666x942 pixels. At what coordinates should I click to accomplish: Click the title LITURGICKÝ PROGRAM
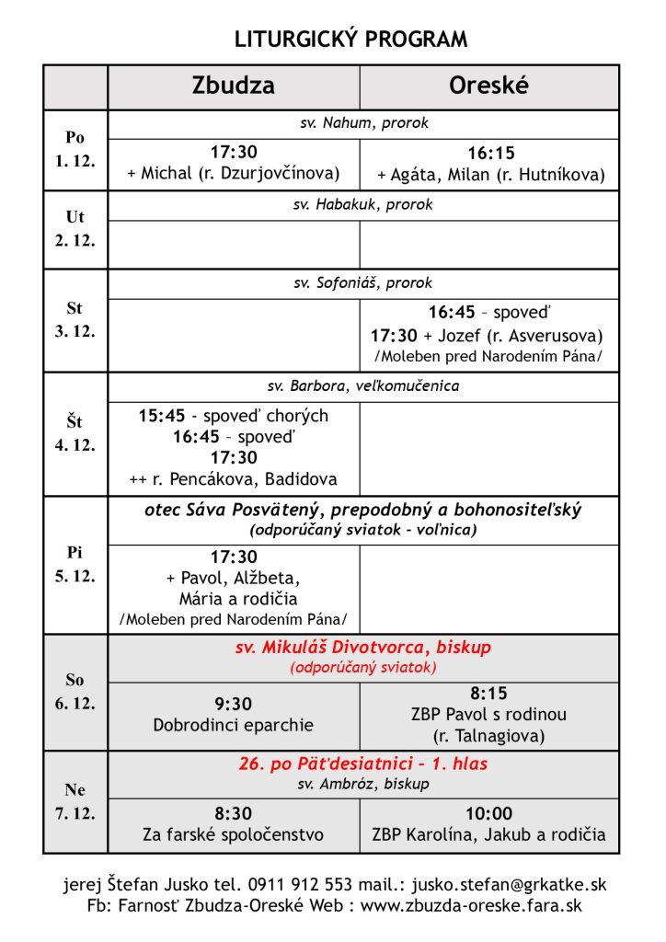(350, 40)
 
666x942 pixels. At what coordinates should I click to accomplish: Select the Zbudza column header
(233, 86)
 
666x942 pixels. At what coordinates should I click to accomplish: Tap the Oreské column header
(488, 86)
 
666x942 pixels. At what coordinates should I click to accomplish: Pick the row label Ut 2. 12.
(75, 228)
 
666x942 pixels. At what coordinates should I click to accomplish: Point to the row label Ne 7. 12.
(75, 801)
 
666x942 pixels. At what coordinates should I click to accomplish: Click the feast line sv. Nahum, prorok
(363, 123)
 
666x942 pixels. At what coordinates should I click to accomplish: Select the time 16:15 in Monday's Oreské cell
(491, 154)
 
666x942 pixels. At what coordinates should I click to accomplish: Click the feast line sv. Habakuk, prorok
(363, 204)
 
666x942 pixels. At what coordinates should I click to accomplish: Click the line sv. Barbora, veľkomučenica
(363, 386)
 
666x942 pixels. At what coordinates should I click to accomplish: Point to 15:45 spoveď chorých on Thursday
(234, 416)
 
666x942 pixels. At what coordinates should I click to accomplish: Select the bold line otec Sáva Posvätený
(363, 510)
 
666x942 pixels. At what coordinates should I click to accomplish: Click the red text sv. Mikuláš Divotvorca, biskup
(363, 648)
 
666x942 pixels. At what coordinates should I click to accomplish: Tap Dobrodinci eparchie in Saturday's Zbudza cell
(234, 725)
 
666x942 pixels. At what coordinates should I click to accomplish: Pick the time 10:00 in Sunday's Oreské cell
(489, 814)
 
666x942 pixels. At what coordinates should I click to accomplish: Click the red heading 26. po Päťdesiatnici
(363, 764)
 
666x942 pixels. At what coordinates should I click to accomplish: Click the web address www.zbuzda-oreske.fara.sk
(483, 906)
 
